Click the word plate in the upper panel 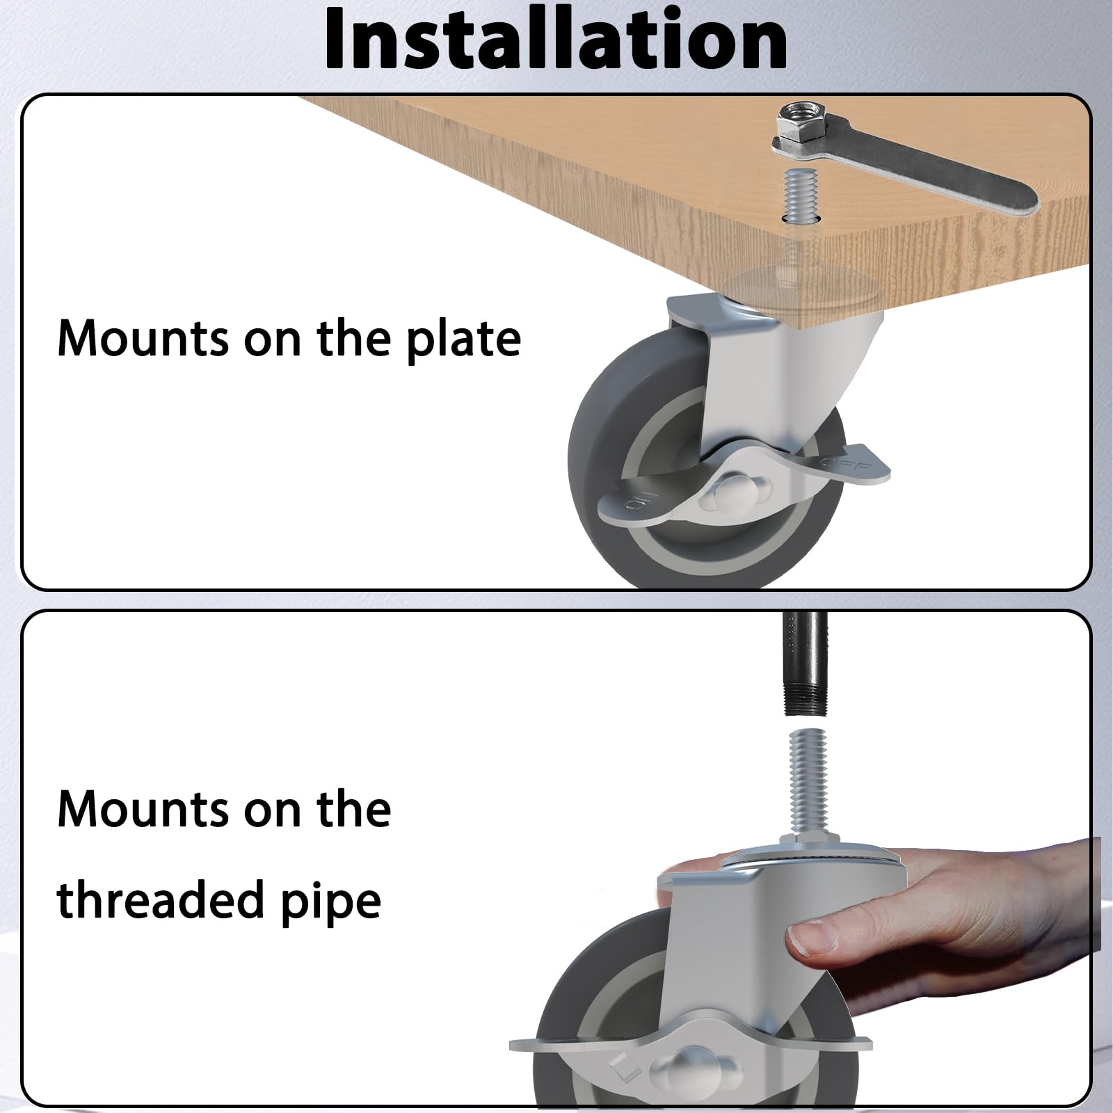pyautogui.click(x=463, y=339)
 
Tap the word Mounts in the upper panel pyautogui.click(x=143, y=339)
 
